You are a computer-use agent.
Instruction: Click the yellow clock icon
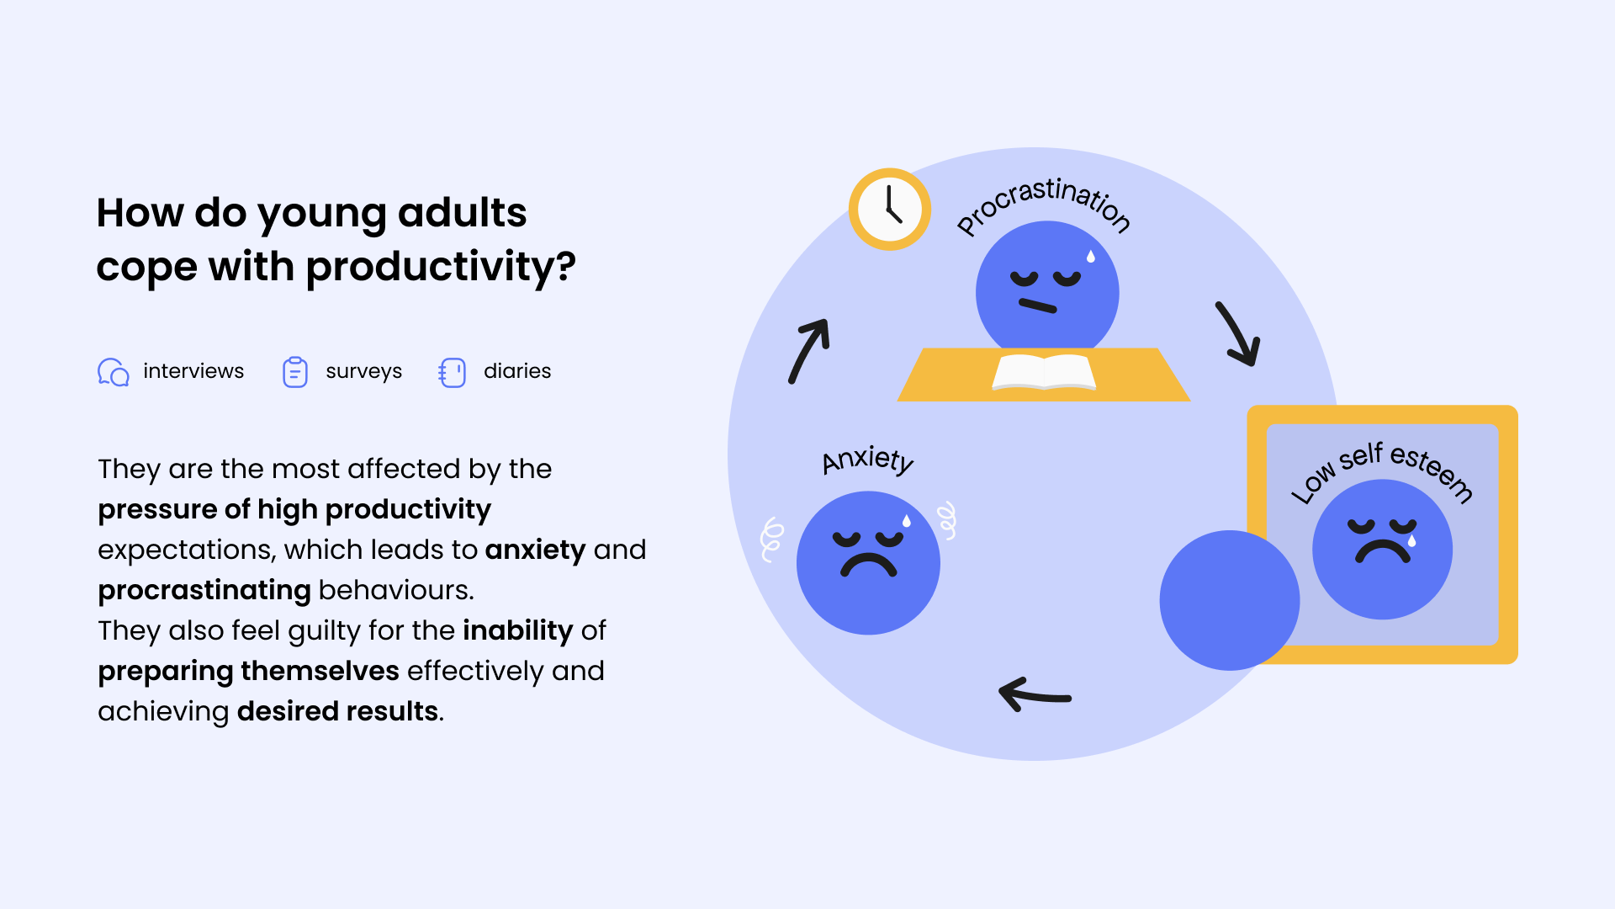point(889,210)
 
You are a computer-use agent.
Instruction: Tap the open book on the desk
point(1044,372)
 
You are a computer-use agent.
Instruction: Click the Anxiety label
point(868,460)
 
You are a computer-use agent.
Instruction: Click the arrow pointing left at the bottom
point(1035,695)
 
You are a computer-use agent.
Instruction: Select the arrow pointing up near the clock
point(809,350)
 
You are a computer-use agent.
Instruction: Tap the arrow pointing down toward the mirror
point(1238,334)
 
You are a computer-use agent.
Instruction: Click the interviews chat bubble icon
point(114,371)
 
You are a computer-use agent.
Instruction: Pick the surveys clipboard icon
point(295,371)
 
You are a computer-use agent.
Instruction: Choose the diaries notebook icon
point(452,372)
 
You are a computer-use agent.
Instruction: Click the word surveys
point(363,371)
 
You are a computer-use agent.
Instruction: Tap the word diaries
point(517,370)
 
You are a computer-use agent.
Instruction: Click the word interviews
point(193,370)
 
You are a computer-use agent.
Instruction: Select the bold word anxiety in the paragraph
point(535,550)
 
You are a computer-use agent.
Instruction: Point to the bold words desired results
point(337,711)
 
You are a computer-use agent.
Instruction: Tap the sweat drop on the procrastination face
point(1091,256)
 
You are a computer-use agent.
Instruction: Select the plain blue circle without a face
point(1229,600)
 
